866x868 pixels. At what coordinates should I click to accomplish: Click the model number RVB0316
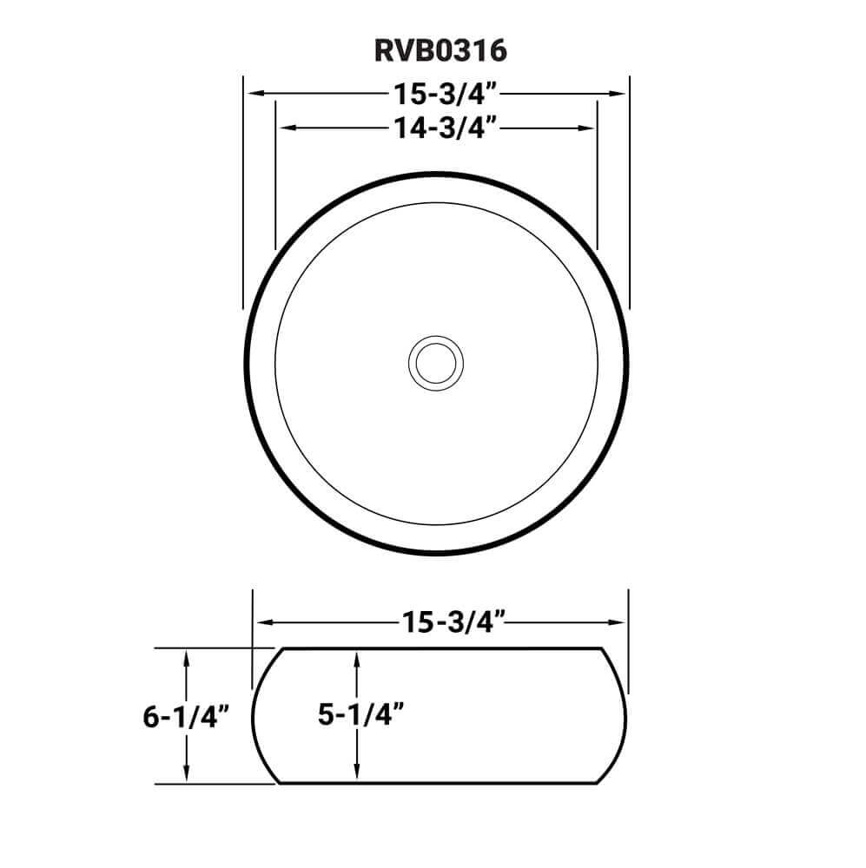[440, 51]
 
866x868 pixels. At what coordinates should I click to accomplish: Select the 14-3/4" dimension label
[444, 128]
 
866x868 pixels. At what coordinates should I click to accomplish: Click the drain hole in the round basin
[434, 362]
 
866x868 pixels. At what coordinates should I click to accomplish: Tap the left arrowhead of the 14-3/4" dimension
[283, 128]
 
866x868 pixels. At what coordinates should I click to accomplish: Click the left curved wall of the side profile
[255, 716]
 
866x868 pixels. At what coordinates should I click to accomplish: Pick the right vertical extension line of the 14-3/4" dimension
[598, 174]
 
